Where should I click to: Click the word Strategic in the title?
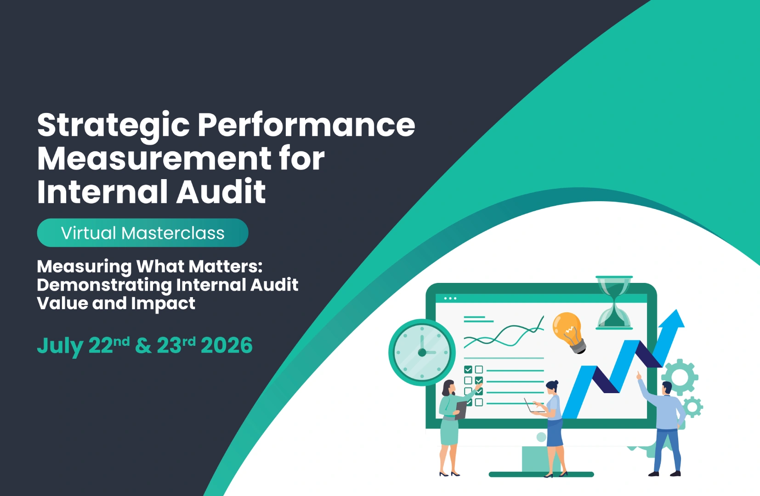113,125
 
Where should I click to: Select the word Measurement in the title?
154,158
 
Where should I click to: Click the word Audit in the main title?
221,192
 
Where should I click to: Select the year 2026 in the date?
227,345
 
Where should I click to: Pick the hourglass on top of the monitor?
614,302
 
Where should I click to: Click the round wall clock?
422,352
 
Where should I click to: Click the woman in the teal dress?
449,423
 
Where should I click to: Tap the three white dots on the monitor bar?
450,299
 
